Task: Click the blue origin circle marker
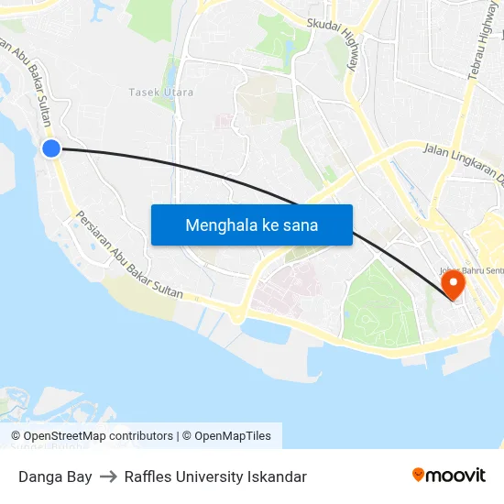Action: click(x=51, y=148)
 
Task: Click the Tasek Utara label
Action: click(x=155, y=93)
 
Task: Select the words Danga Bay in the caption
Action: click(x=55, y=477)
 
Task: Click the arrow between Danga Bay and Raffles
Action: click(x=108, y=477)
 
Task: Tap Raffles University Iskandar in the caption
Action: click(x=215, y=477)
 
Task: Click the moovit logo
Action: click(x=448, y=475)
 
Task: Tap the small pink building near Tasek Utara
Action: click(x=223, y=120)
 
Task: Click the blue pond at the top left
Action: click(x=102, y=10)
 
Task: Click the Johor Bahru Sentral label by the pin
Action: click(x=469, y=271)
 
